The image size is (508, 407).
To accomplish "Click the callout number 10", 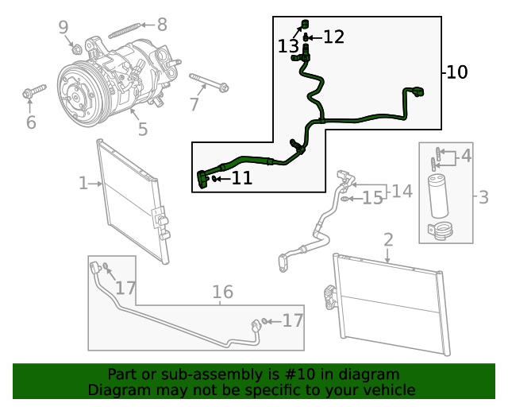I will tap(456, 72).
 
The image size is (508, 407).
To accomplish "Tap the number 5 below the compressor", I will tap(142, 129).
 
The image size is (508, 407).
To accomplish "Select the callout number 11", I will tap(241, 179).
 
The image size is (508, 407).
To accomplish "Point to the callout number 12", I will tap(333, 37).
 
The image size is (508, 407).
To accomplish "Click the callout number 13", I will tap(288, 47).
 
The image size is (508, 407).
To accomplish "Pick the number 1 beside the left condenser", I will tap(83, 184).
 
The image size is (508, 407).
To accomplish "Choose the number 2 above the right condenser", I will tap(388, 239).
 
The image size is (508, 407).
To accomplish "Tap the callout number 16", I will tap(222, 293).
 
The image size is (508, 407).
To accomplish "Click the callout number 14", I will tap(402, 191).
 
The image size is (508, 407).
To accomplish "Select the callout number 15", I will tap(372, 199).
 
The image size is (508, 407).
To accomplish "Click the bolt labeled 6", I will tap(29, 95).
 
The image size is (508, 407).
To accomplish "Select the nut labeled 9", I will tap(77, 49).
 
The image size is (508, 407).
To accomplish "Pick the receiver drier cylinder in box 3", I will tap(439, 196).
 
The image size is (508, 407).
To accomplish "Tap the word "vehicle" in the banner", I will tap(389, 390).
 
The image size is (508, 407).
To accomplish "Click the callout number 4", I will tap(466, 156).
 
